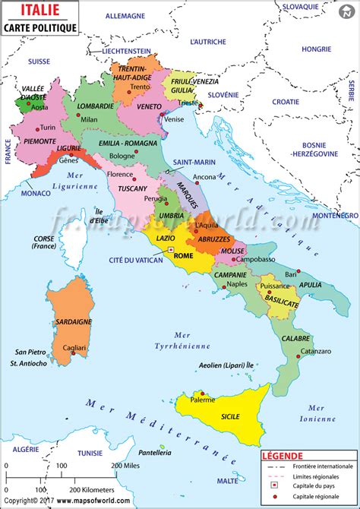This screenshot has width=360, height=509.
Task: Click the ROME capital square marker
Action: (x=172, y=249)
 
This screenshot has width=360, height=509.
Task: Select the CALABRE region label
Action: (x=295, y=338)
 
